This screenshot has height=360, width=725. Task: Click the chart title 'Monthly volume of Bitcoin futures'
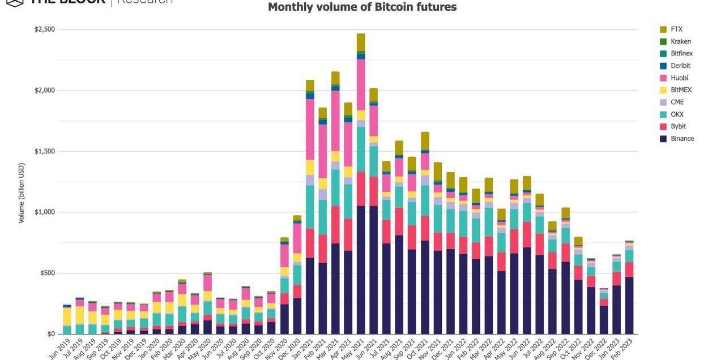pyautogui.click(x=362, y=7)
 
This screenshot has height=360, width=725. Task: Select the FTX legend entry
pyautogui.click(x=676, y=29)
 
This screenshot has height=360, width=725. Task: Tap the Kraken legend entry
pyautogui.click(x=680, y=41)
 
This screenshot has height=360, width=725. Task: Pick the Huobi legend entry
pyautogui.click(x=679, y=78)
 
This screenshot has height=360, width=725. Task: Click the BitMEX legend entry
pyautogui.click(x=681, y=90)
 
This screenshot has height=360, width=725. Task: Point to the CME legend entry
pyautogui.click(x=677, y=102)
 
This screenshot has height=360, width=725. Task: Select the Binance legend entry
pyautogui.click(x=682, y=139)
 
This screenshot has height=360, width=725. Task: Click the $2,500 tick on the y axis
pyautogui.click(x=45, y=29)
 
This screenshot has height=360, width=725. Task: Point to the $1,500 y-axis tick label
pyautogui.click(x=45, y=151)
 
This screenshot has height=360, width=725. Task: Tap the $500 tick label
pyautogui.click(x=47, y=273)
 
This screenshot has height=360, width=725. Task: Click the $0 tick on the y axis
pyautogui.click(x=50, y=334)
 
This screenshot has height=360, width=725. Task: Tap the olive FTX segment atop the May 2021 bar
pyautogui.click(x=361, y=42)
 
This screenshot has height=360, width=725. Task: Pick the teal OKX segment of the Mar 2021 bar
pyautogui.click(x=335, y=187)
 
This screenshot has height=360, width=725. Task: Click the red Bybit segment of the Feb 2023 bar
pyautogui.click(x=629, y=269)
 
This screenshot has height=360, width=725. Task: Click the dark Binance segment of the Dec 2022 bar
pyautogui.click(x=604, y=320)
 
